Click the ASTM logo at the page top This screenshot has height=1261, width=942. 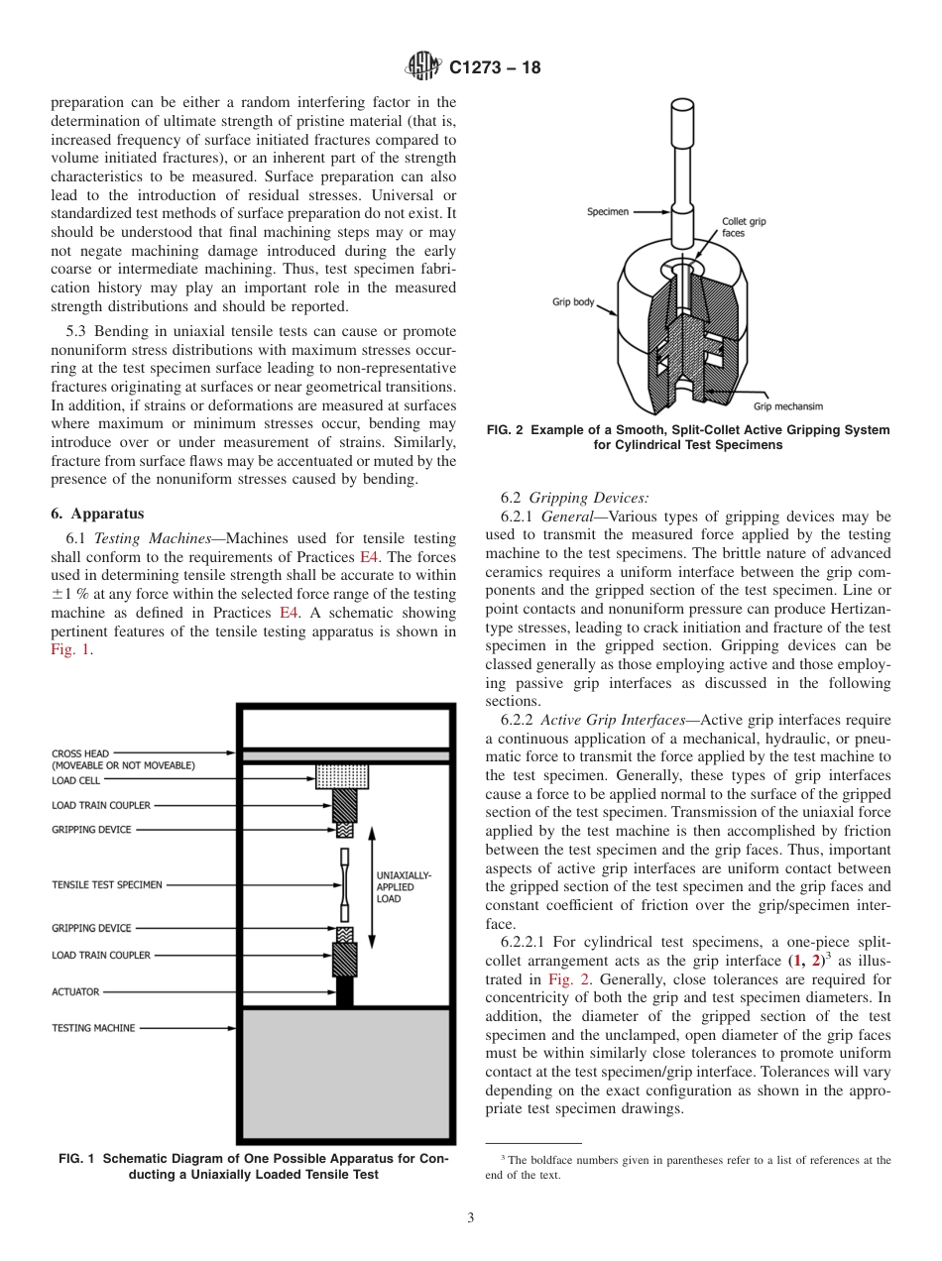[x=423, y=67]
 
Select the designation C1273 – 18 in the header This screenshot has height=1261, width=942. [x=495, y=68]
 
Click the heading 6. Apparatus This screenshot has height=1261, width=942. [x=97, y=514]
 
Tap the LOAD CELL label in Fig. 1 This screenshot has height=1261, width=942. [x=76, y=781]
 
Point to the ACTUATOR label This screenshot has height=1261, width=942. [x=75, y=991]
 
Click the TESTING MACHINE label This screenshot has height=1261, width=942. [x=93, y=1028]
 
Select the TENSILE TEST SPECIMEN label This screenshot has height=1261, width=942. [x=106, y=884]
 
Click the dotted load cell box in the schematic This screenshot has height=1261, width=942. [x=342, y=776]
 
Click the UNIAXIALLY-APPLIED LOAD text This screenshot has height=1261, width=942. [x=404, y=887]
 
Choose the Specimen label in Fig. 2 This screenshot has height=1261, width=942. [x=606, y=211]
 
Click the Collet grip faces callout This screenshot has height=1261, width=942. [x=744, y=227]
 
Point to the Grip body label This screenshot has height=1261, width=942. [x=573, y=302]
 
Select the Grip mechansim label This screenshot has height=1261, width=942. [x=787, y=406]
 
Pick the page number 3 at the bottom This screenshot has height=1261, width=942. [x=470, y=1218]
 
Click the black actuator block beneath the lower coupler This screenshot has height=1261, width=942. [x=344, y=992]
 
